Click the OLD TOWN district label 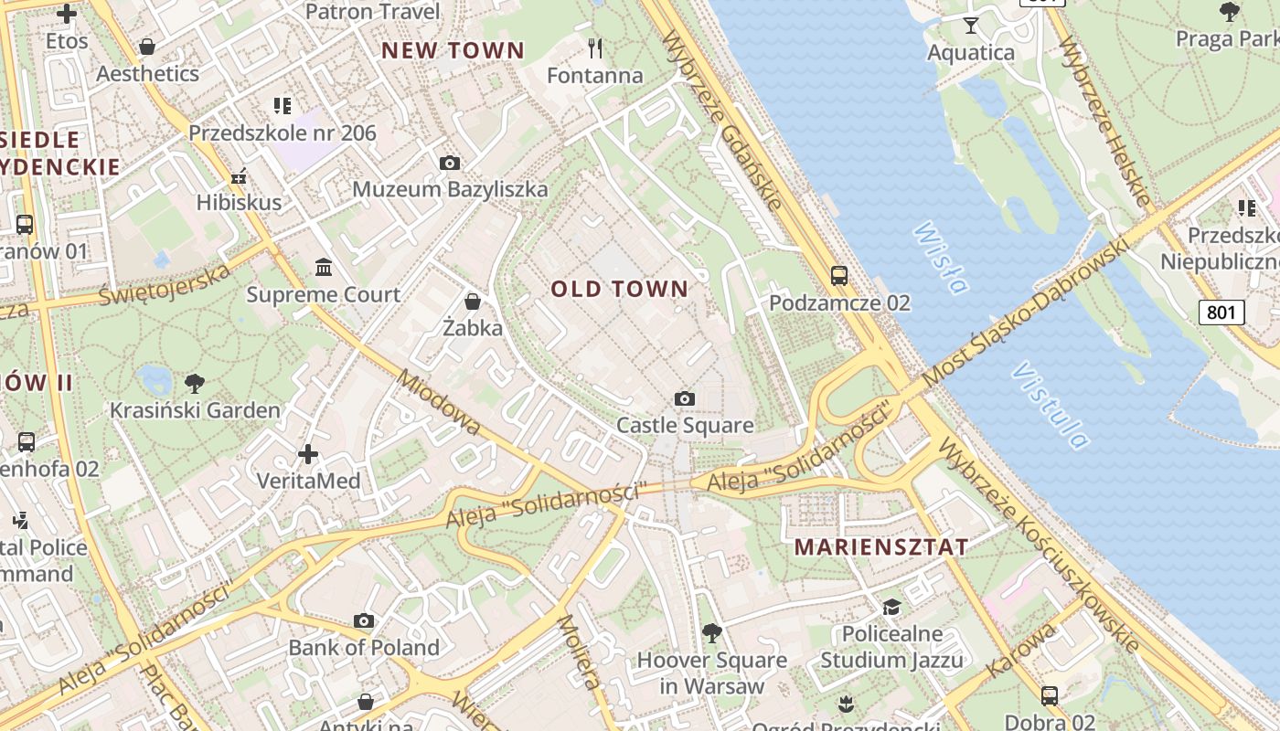(x=619, y=290)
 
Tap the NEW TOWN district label (x=453, y=51)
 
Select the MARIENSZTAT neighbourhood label (x=881, y=547)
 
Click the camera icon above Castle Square (x=684, y=398)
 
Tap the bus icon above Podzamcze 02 (x=838, y=275)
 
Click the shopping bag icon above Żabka (x=473, y=301)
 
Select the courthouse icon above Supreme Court (x=323, y=268)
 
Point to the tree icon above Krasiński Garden (x=194, y=383)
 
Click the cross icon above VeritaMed (x=308, y=453)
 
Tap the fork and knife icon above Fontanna (x=595, y=48)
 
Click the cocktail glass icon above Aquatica (x=970, y=25)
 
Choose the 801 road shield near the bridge (x=1221, y=313)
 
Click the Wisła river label (x=940, y=258)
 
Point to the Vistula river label (x=1051, y=406)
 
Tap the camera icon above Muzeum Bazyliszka (x=449, y=163)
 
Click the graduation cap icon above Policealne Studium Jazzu (x=891, y=608)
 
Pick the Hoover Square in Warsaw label (x=711, y=673)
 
